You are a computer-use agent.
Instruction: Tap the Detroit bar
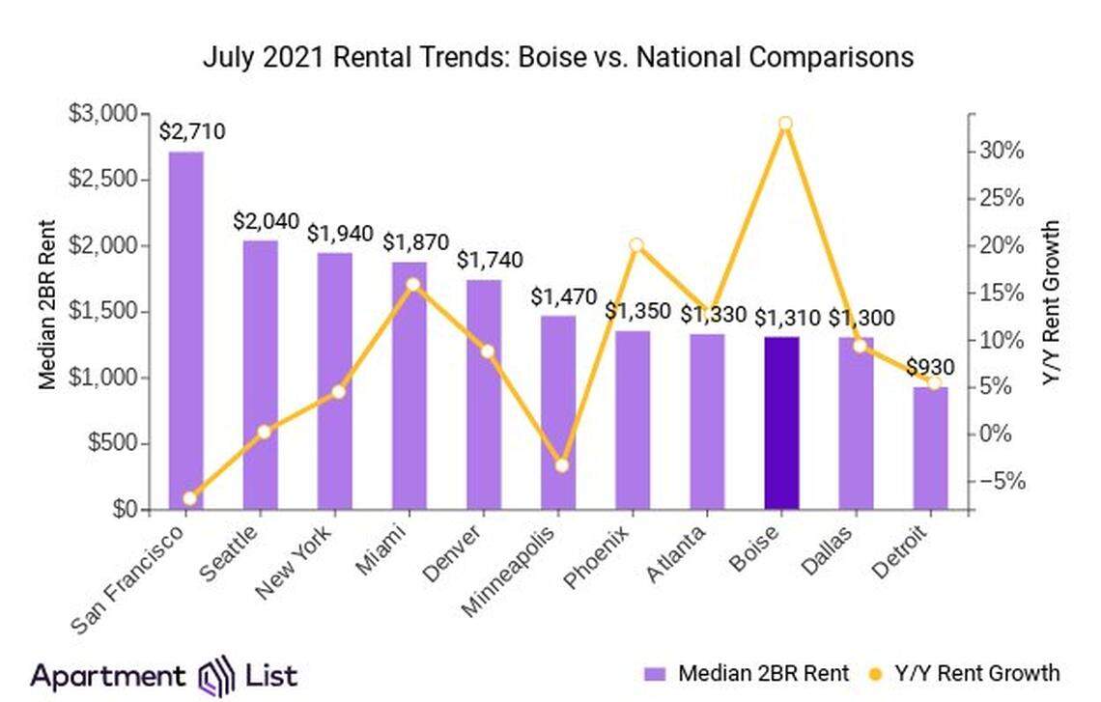(x=930, y=448)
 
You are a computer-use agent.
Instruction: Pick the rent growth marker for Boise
(x=785, y=124)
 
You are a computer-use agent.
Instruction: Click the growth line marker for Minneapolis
(x=563, y=465)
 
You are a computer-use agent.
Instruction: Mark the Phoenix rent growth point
(x=635, y=245)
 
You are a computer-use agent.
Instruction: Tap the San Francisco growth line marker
(x=189, y=498)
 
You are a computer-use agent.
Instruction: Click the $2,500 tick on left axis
(x=108, y=181)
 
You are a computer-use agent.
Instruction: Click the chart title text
(x=557, y=57)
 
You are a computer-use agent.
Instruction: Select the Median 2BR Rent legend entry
(x=747, y=673)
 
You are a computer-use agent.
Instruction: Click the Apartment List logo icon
(x=215, y=674)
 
